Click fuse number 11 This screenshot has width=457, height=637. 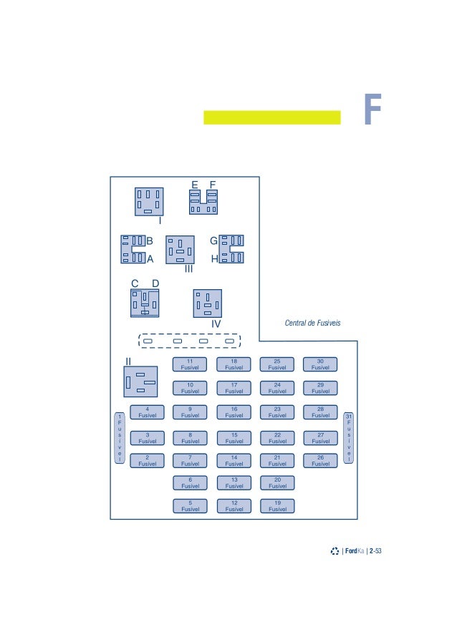(x=190, y=364)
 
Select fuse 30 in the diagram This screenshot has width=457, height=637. (x=320, y=364)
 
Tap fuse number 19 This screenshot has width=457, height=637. (x=277, y=506)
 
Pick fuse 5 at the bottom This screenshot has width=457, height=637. (x=190, y=506)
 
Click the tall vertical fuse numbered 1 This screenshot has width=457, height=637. (x=120, y=437)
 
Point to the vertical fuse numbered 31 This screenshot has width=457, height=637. (x=349, y=437)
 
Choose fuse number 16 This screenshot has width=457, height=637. (x=234, y=412)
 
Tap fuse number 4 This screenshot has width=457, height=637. (x=147, y=412)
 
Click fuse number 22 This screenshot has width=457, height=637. (x=277, y=437)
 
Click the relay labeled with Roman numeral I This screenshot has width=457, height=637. (x=149, y=201)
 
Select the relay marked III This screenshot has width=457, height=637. (x=180, y=250)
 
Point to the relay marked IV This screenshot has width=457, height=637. (x=208, y=303)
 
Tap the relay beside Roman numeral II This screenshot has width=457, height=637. (x=140, y=381)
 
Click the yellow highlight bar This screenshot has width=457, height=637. (x=272, y=117)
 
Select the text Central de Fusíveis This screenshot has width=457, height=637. (x=312, y=323)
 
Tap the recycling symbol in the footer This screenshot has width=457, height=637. (x=335, y=551)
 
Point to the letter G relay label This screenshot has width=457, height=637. (x=213, y=241)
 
